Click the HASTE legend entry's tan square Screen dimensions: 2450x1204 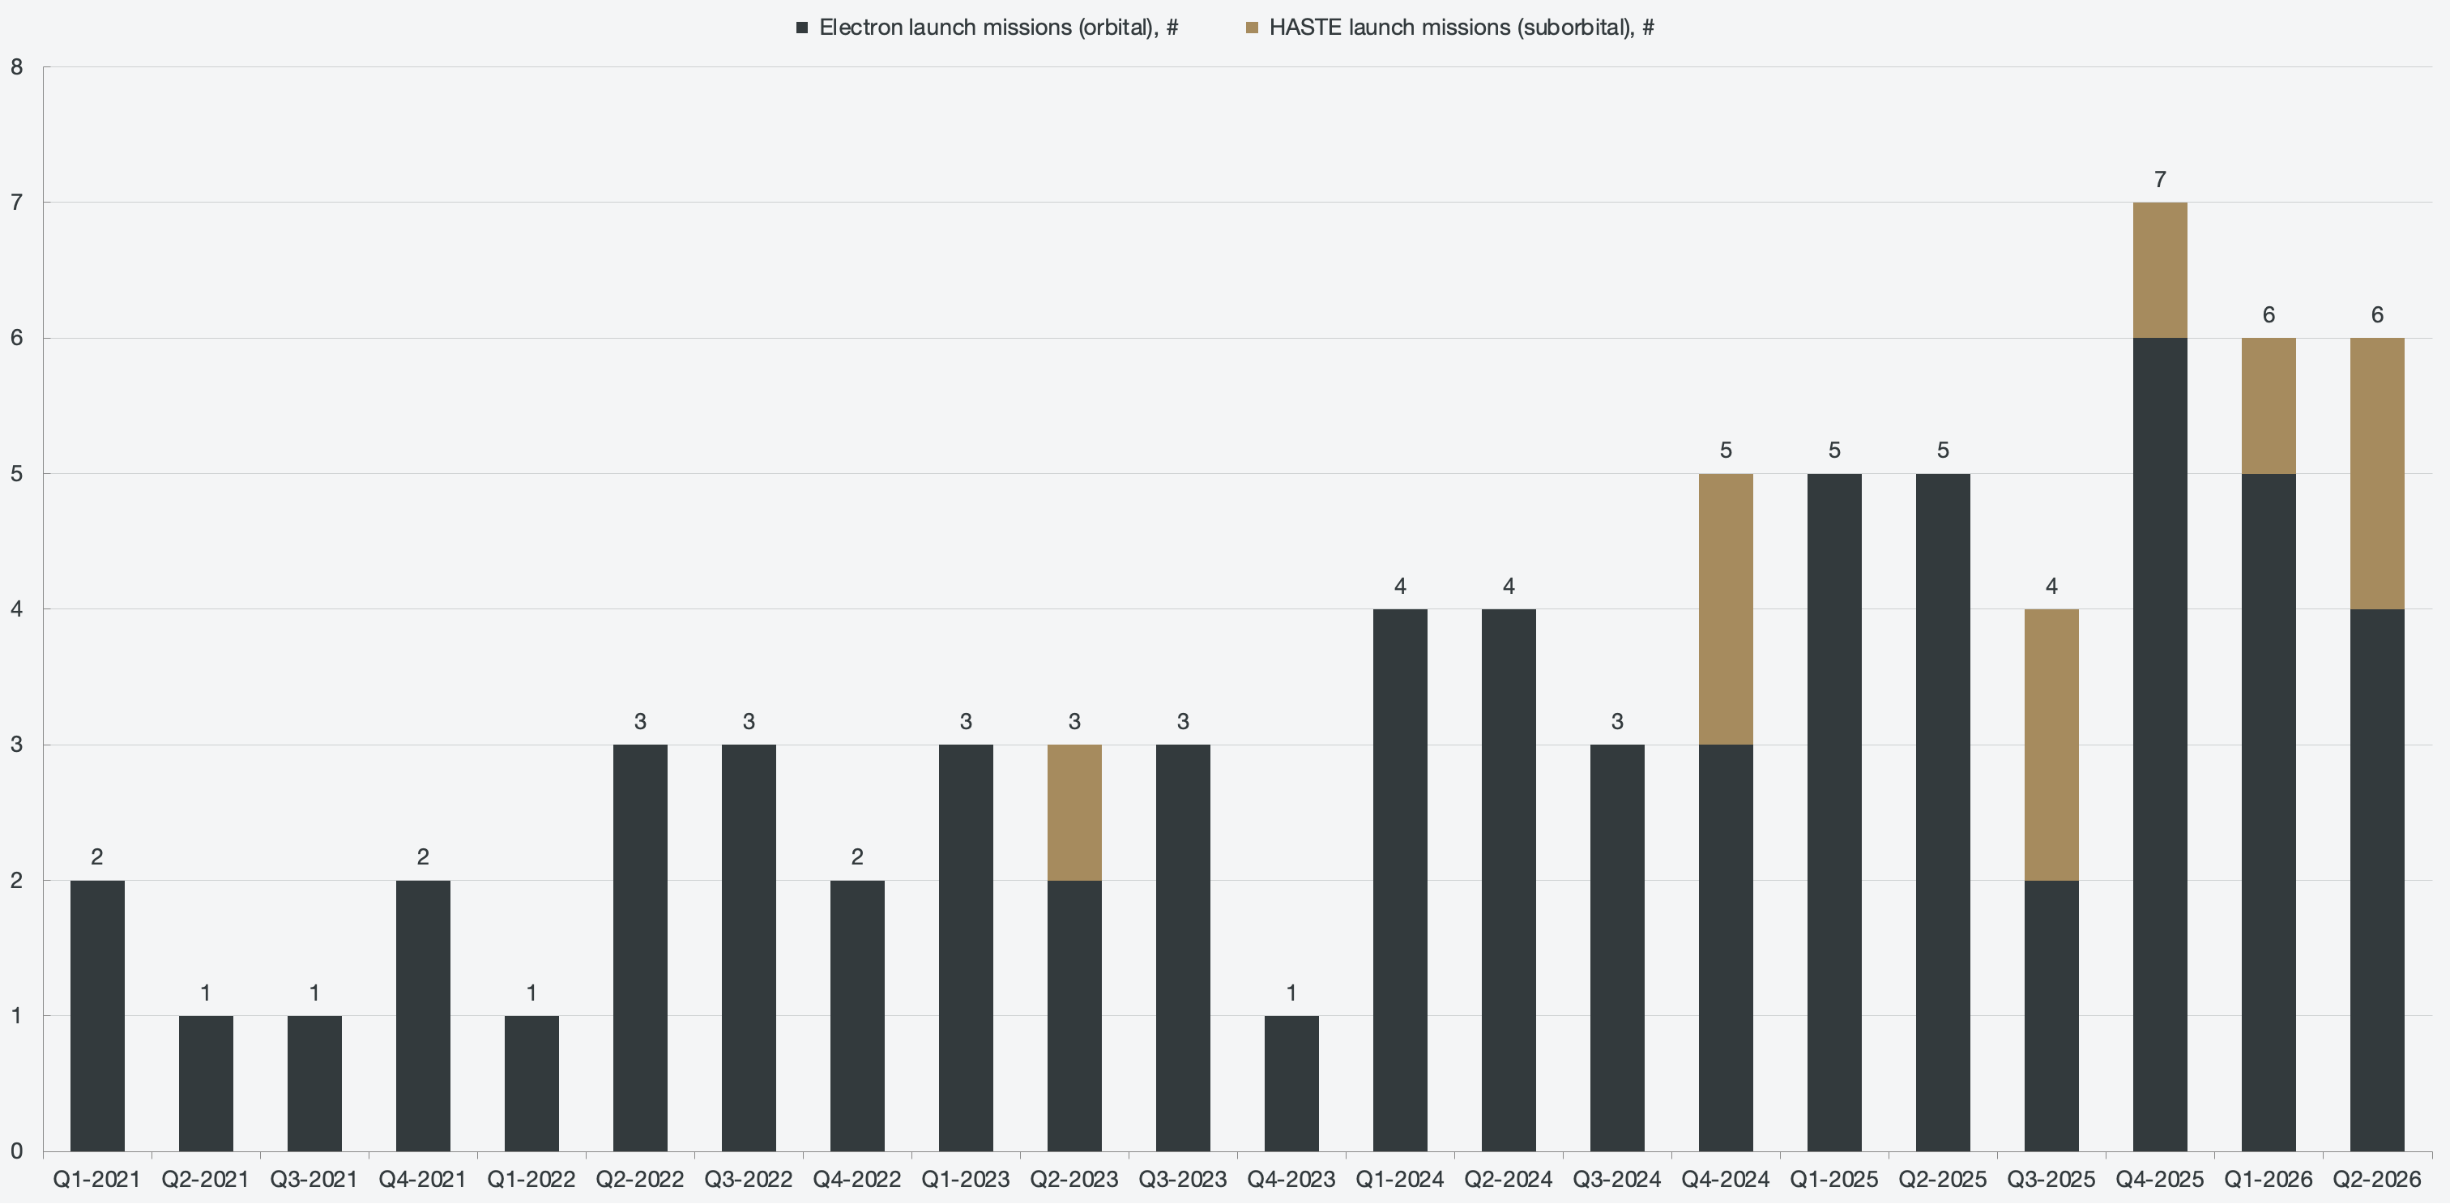pos(1252,28)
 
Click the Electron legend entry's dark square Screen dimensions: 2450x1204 pos(802,28)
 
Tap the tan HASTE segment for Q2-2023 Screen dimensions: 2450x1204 pos(1075,812)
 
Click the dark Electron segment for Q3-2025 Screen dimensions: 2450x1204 pos(2051,1016)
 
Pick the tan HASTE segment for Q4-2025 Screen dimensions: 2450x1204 pos(2160,270)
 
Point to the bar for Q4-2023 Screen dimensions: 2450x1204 pos(1291,1083)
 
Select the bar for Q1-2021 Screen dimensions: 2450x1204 pos(97,1016)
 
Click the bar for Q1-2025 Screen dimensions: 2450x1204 pos(1834,812)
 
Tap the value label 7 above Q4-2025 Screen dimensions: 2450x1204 pos(2160,180)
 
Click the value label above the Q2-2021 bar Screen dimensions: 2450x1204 pos(206,993)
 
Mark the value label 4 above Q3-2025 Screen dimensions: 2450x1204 pos(2051,586)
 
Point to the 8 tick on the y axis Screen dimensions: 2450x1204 pos(16,66)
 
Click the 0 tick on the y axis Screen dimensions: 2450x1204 pos(16,1151)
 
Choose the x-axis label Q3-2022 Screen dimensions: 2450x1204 pos(749,1179)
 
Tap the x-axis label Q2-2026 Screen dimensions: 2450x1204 pos(2377,1179)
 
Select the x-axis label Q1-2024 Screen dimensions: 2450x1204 pos(1400,1179)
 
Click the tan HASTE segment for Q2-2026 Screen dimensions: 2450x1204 pos(2377,474)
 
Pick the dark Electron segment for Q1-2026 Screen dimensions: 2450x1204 pos(2269,812)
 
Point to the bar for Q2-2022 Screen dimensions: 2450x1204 pos(640,948)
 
